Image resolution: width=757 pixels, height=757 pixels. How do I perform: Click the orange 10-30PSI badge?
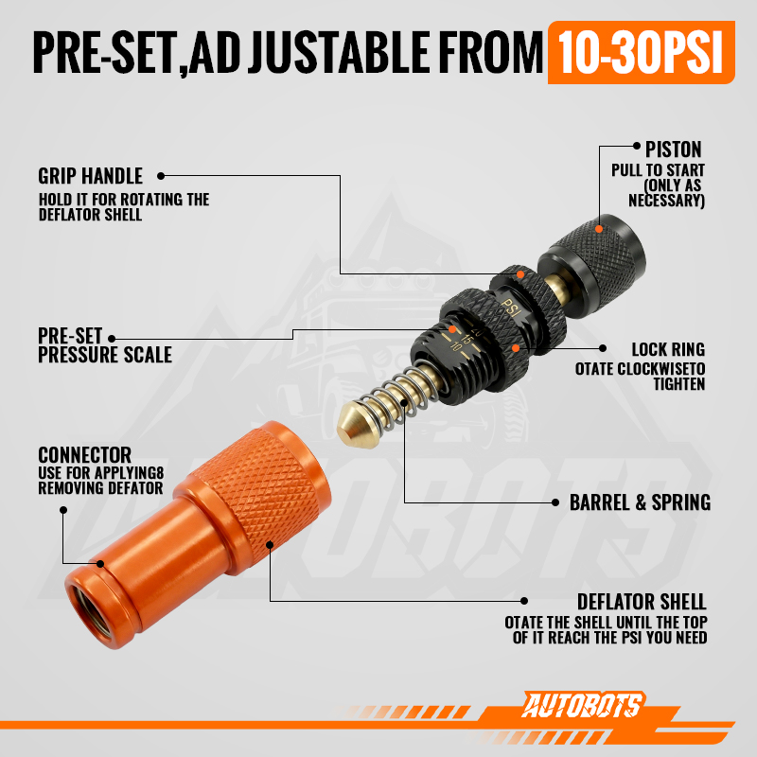click(642, 53)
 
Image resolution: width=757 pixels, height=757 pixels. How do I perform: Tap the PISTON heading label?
click(674, 150)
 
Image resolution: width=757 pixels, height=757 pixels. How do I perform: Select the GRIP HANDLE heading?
click(90, 176)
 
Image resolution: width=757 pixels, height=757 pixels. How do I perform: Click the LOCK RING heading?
click(668, 349)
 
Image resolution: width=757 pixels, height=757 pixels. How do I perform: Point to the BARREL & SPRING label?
click(641, 502)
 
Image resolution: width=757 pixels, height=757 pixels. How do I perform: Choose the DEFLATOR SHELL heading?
click(642, 602)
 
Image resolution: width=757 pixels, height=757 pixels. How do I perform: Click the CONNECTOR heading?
click(84, 455)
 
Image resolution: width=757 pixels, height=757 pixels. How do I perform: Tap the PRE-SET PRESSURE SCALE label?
click(105, 345)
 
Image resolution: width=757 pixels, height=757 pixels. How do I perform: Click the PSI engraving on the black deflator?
click(511, 308)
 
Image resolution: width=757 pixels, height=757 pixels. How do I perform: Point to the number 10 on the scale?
click(456, 346)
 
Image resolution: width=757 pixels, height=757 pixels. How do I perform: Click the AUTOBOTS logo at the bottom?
click(583, 705)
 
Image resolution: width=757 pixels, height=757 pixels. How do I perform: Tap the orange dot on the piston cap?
click(599, 229)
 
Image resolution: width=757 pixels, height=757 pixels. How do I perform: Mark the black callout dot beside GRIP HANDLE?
click(161, 176)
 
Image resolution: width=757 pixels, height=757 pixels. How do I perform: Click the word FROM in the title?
click(492, 52)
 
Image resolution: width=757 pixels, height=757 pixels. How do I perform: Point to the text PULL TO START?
click(658, 170)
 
